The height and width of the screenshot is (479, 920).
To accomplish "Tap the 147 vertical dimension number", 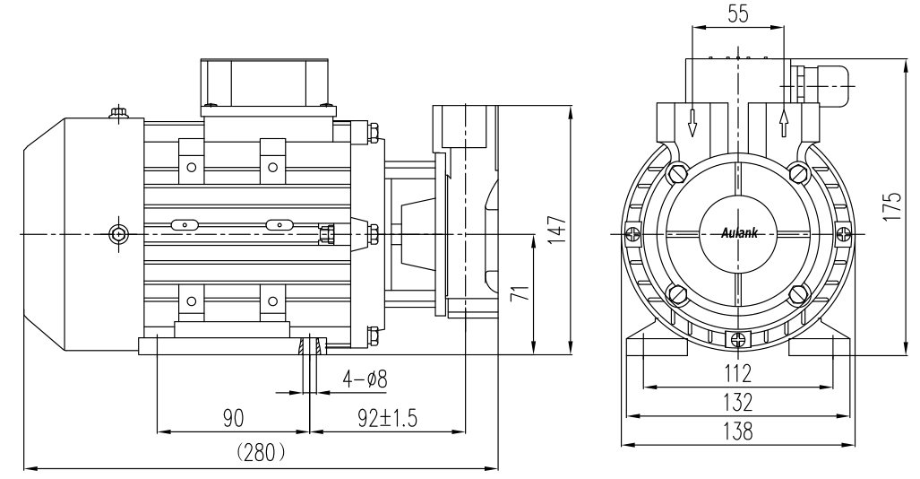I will tap(556, 231).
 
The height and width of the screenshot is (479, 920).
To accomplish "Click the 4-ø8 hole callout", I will tap(364, 379).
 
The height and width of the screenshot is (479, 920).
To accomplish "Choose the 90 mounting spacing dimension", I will tap(234, 417).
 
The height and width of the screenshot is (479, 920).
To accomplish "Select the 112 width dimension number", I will tap(738, 371).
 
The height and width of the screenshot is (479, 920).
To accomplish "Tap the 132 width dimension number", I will tap(738, 400).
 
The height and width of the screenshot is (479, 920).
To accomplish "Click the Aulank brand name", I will tap(738, 233).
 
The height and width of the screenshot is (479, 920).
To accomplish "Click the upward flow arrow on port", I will tap(784, 123).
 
